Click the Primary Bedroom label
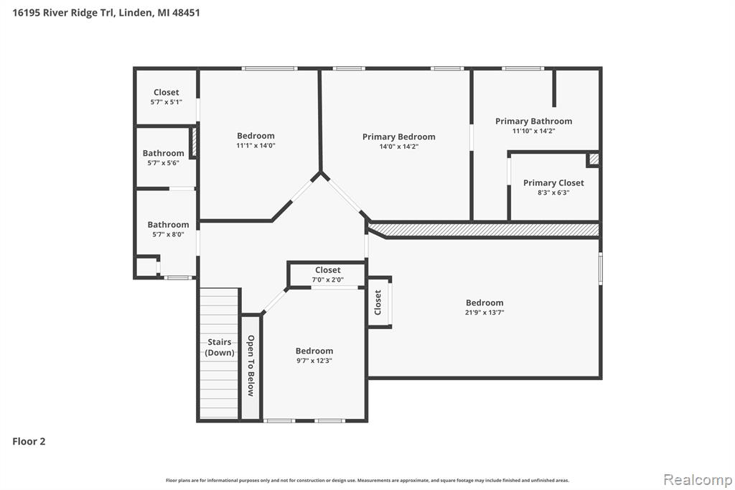399,137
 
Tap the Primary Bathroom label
533,121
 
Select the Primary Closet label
553,182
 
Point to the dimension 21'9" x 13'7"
484,313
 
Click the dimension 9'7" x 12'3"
314,361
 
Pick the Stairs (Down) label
220,347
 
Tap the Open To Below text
251,366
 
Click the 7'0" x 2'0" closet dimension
327,279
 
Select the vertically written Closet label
378,302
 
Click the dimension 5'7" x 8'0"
168,234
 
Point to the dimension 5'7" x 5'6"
163,163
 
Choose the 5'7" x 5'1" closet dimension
166,102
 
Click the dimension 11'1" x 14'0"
256,146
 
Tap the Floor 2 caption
29,441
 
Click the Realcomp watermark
698,480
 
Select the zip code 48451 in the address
186,13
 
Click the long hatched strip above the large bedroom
483,230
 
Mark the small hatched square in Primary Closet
594,159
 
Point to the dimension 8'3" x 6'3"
553,193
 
